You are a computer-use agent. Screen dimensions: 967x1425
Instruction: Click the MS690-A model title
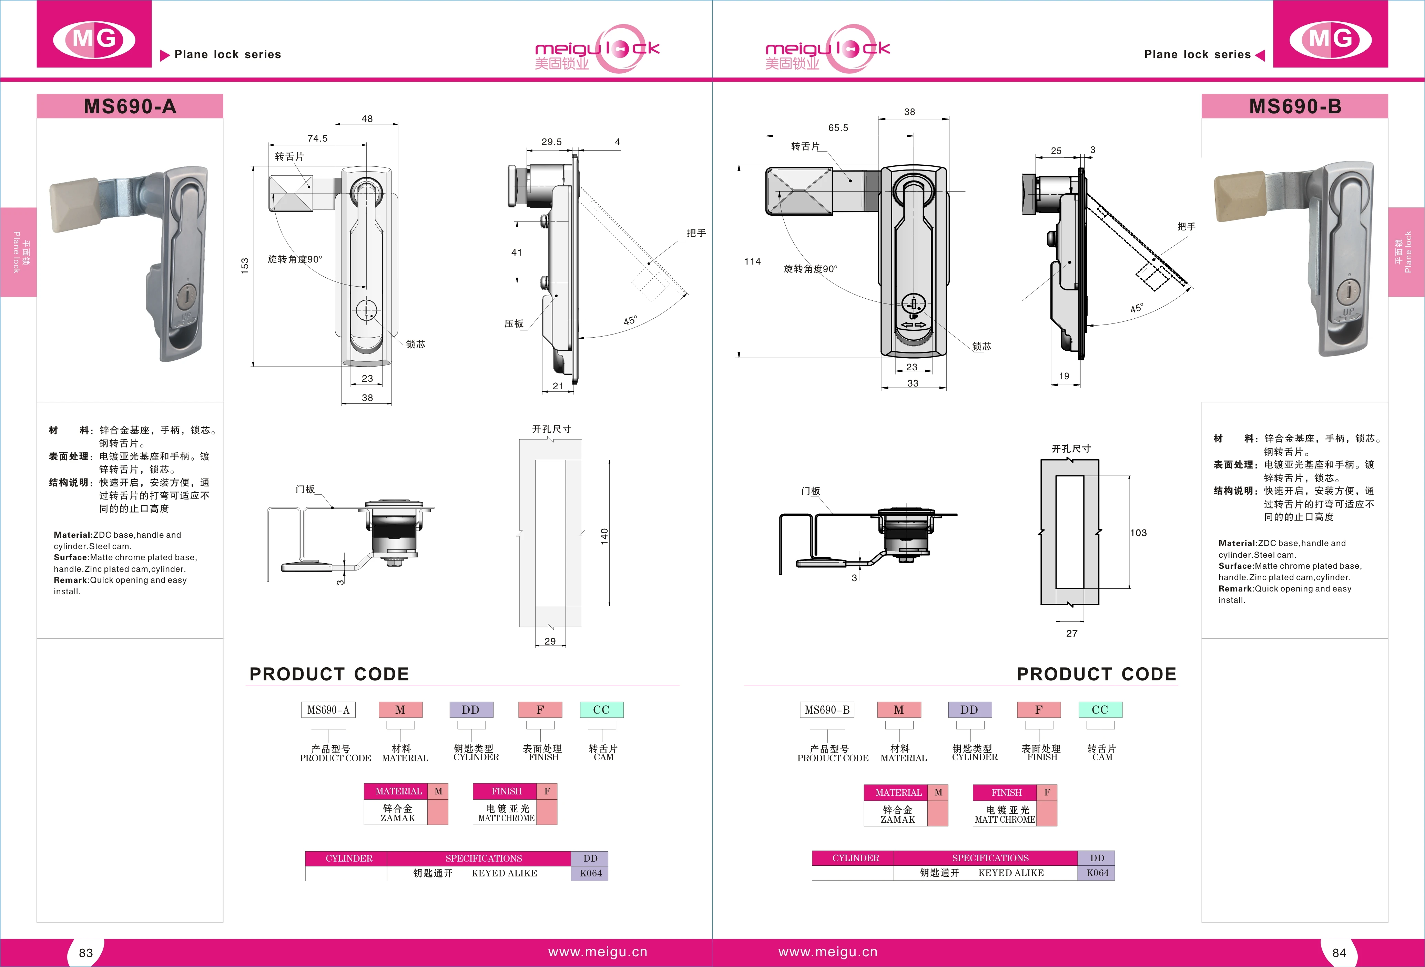point(130,107)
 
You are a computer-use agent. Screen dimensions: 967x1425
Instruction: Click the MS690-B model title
point(1295,107)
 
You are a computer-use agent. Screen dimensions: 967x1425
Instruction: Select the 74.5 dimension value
point(318,138)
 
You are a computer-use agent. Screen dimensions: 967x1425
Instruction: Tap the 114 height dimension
point(752,262)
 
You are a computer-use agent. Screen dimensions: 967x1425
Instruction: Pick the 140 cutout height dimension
point(604,536)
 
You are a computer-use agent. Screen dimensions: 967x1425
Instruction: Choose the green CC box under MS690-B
point(1100,710)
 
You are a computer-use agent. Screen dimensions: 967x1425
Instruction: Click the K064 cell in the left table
point(590,873)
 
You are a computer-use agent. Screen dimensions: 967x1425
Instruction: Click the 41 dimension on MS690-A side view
point(517,253)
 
